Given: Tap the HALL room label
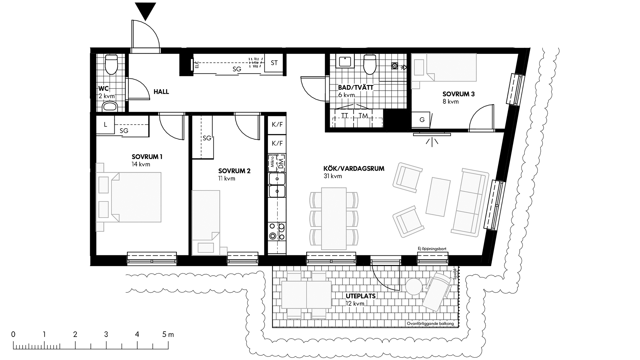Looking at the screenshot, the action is pos(161,92).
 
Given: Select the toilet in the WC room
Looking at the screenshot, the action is pos(111,64).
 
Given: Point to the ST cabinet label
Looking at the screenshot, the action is pos(274,63).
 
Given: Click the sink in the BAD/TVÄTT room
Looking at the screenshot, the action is pos(345,62).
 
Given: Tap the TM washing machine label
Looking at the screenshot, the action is pos(363,116).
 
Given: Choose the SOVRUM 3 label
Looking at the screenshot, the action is pos(458,94).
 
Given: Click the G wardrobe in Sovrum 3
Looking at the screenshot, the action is pos(422,120).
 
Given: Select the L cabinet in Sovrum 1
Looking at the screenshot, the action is pos(105,125).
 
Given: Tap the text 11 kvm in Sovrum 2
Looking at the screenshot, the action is pos(227,179).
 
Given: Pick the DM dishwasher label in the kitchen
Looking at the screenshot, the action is pos(281,163).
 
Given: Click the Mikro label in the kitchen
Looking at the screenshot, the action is pos(272,162).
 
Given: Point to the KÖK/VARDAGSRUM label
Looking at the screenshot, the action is pos(354,169).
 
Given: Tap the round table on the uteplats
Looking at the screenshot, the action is pos(414,287).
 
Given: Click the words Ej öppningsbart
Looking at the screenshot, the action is pos(432,249).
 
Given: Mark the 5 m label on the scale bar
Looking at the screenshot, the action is pos(168,334).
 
